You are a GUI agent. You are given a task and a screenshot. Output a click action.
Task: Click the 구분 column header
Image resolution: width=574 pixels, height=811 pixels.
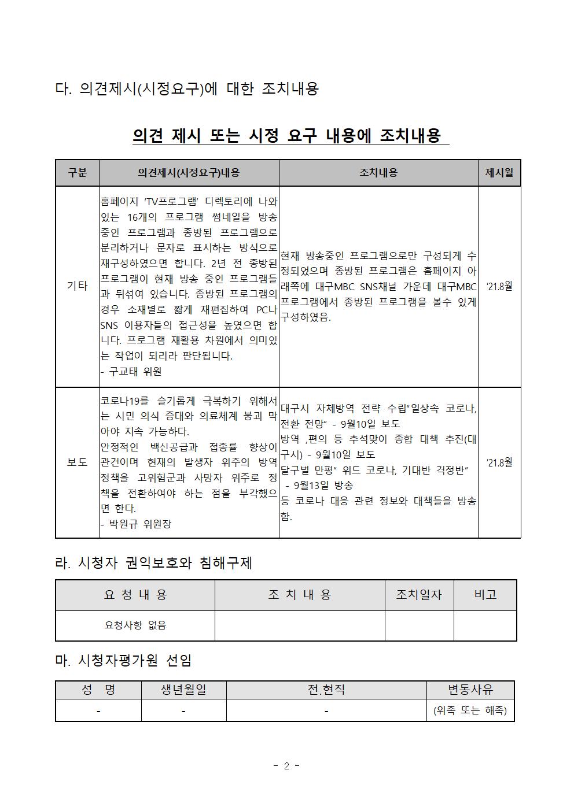(77, 173)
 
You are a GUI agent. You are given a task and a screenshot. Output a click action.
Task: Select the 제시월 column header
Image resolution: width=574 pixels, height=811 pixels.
(499, 173)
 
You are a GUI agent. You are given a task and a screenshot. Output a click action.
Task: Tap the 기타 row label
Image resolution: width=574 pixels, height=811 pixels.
(77, 286)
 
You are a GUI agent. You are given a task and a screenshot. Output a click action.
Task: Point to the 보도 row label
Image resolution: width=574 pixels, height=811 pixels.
(77, 462)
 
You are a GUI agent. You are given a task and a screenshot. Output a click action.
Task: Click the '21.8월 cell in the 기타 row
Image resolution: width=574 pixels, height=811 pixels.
(499, 286)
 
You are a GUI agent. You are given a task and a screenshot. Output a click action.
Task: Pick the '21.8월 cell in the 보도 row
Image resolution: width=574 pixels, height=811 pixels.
(499, 462)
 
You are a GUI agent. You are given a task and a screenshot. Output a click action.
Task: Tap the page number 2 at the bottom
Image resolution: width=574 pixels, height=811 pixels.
(286, 766)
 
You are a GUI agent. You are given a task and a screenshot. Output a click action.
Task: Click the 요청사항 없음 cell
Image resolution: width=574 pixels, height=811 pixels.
(135, 625)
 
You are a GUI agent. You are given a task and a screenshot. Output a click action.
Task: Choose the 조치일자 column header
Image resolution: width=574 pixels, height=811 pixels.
(418, 595)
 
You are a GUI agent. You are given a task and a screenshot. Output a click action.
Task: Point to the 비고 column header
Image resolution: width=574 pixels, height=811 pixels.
(485, 595)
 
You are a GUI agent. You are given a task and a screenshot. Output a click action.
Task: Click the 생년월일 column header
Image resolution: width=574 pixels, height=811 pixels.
(183, 690)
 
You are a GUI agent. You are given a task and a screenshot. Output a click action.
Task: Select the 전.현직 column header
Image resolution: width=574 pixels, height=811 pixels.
(326, 690)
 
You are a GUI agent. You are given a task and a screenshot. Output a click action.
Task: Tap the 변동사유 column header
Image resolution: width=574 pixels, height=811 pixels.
(470, 690)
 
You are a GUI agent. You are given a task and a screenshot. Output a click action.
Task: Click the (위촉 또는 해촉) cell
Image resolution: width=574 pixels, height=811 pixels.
(470, 710)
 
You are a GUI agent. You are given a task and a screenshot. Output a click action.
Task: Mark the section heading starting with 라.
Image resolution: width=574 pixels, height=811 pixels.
(153, 563)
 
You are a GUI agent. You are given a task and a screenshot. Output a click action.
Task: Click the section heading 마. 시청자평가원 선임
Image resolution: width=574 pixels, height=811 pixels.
(123, 660)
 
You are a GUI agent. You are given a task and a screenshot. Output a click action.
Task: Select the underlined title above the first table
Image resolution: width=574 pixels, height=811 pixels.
(287, 136)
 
